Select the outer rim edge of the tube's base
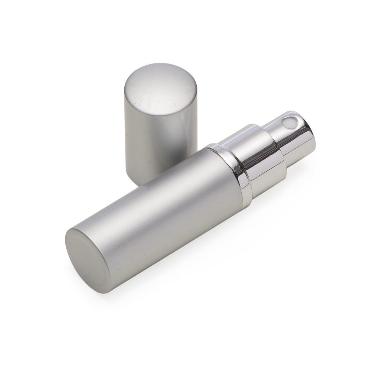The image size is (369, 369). [x=68, y=244]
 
